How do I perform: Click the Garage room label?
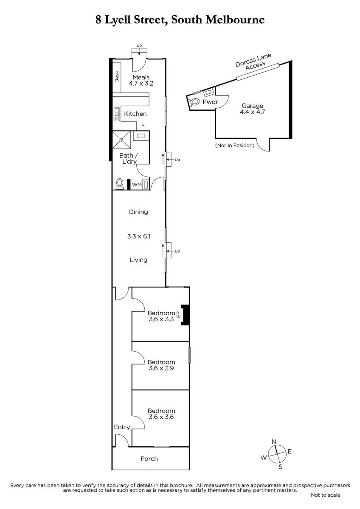pyautogui.click(x=252, y=106)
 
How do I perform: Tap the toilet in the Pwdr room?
pyautogui.click(x=194, y=101)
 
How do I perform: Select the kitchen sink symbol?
pyautogui.click(x=117, y=114)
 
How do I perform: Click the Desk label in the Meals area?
pyautogui.click(x=117, y=77)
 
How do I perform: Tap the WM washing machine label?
pyautogui.click(x=137, y=185)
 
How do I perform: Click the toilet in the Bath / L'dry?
pyautogui.click(x=120, y=184)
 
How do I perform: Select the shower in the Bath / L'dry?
pyautogui.click(x=122, y=140)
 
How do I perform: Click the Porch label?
pyautogui.click(x=149, y=459)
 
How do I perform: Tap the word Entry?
pyautogui.click(x=122, y=427)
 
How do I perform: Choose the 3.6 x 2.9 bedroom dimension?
pyautogui.click(x=161, y=368)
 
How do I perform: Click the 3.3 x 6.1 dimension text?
pyautogui.click(x=138, y=236)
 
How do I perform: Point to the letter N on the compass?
pyautogui.click(x=274, y=441)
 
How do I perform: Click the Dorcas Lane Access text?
pyautogui.click(x=254, y=62)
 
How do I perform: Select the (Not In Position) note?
pyautogui.click(x=235, y=145)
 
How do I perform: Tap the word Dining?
pyautogui.click(x=138, y=212)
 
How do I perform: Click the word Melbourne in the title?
pyautogui.click(x=235, y=20)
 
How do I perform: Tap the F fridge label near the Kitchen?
pyautogui.click(x=143, y=126)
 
